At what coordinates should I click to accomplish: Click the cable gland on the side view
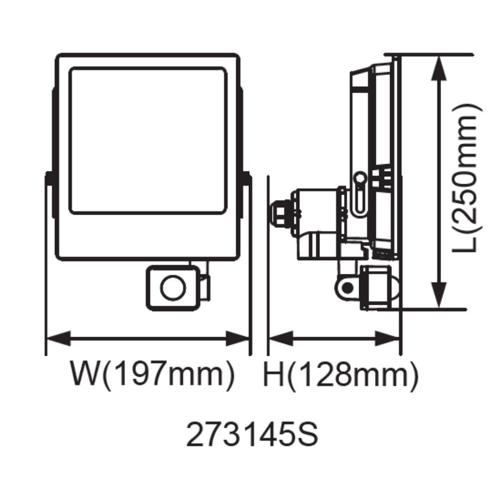point(278,212)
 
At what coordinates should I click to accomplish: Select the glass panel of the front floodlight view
point(148,141)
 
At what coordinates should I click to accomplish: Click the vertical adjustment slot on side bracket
point(361,194)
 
